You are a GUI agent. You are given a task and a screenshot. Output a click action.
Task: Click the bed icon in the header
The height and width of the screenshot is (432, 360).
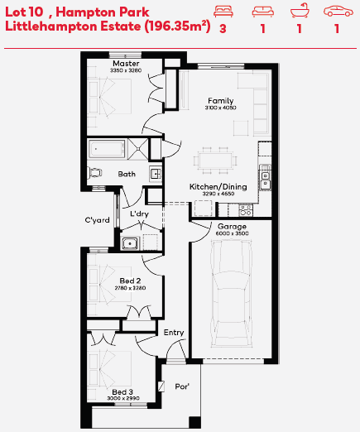tap(223, 12)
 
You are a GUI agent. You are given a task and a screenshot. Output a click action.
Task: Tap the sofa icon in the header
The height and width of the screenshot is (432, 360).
tap(263, 12)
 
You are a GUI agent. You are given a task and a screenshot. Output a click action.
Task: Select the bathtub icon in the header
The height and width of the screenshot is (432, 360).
tap(300, 11)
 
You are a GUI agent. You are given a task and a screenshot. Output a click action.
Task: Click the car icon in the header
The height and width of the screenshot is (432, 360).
tap(338, 12)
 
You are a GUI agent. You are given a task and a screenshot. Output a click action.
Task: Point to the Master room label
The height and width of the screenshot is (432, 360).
tap(126, 64)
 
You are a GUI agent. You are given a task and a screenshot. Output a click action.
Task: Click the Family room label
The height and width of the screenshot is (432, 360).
tap(220, 101)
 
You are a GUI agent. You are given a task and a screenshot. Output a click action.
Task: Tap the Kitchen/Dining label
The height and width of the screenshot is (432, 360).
tap(218, 187)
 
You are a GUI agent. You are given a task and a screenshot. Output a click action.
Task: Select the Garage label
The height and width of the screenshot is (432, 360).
tap(232, 227)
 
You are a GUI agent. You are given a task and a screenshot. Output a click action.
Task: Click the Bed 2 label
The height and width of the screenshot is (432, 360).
tap(130, 281)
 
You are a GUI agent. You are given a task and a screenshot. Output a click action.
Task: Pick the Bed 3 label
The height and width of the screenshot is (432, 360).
tap(122, 391)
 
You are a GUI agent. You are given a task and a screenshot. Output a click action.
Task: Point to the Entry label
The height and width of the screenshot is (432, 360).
tap(174, 333)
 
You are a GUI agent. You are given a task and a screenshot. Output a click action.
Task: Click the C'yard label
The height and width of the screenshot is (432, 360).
tap(97, 220)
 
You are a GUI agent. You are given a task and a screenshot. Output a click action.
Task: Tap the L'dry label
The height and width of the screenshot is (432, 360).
tap(139, 214)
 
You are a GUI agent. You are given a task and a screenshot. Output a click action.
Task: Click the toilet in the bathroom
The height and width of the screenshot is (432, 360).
tap(95, 173)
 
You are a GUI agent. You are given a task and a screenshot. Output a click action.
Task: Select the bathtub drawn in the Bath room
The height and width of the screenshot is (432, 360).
tap(107, 149)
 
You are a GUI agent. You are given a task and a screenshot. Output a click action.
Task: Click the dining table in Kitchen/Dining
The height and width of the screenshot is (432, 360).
tap(215, 161)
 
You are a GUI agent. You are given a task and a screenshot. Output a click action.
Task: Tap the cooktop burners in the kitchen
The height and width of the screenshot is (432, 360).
tap(246, 210)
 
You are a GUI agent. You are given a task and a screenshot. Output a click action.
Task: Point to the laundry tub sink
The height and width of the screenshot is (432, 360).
tap(130, 243)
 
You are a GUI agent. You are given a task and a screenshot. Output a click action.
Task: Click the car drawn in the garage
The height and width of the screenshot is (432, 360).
tap(232, 293)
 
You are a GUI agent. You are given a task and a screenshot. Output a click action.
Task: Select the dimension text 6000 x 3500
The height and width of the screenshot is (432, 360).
tap(232, 233)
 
